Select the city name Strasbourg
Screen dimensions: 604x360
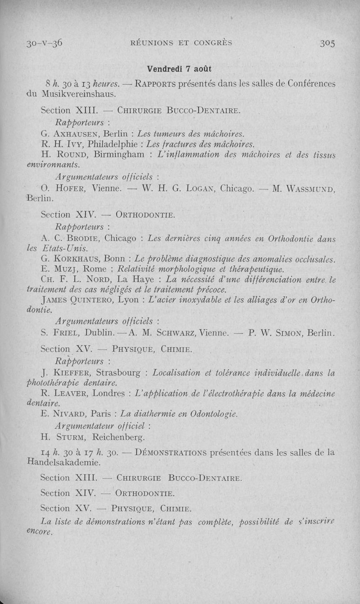[x=120, y=373]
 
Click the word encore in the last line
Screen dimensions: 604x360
[x=40, y=532]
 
